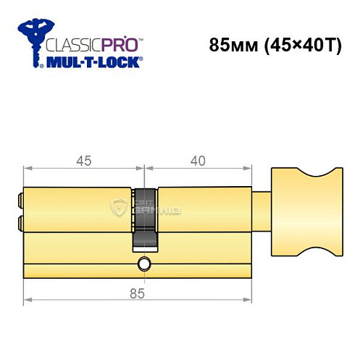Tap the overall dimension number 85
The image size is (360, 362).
pyautogui.click(x=141, y=292)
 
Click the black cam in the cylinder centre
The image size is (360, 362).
pyautogui.click(x=144, y=217)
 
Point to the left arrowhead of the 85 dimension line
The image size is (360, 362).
pyautogui.click(x=27, y=299)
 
